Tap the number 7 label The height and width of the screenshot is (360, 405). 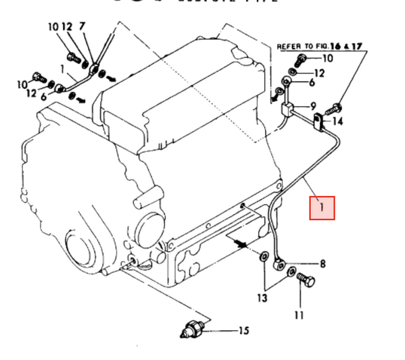[82, 27]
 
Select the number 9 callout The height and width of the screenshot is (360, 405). [314, 106]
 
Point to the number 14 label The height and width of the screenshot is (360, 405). [339, 122]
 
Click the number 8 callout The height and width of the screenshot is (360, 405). [323, 263]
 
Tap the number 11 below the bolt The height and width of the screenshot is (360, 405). [299, 315]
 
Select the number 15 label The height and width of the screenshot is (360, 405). [243, 331]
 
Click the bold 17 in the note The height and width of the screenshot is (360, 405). [358, 46]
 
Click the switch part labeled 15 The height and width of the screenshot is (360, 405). [192, 330]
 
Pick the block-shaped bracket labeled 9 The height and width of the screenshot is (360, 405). [287, 108]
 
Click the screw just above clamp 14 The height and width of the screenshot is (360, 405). [337, 105]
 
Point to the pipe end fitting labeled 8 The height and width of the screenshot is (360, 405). [278, 261]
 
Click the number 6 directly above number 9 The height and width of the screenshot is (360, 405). [312, 82]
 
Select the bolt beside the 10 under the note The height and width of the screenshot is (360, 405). [302, 59]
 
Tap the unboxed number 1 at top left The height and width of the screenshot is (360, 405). [62, 68]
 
